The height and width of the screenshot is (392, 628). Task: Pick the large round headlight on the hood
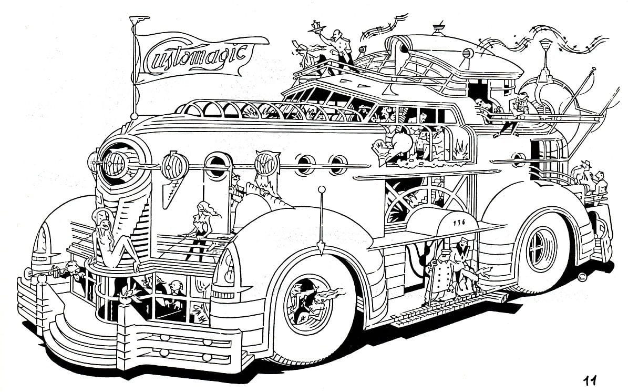pyautogui.click(x=119, y=160)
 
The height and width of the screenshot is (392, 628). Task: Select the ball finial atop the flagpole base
pyautogui.click(x=135, y=116)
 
